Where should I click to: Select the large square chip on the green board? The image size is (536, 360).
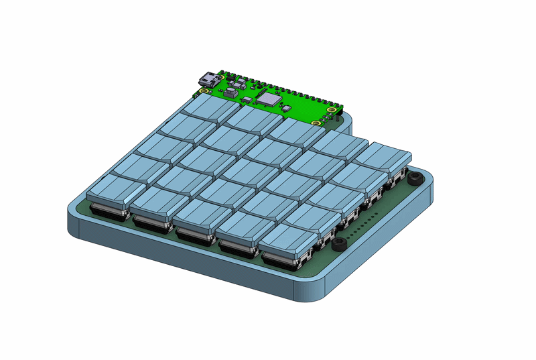pyautogui.click(x=269, y=99)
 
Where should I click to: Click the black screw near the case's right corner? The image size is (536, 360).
pyautogui.click(x=415, y=179)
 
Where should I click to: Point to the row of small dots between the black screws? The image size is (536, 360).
pyautogui.click(x=367, y=221)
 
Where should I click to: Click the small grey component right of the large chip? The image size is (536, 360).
pyautogui.click(x=286, y=107)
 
